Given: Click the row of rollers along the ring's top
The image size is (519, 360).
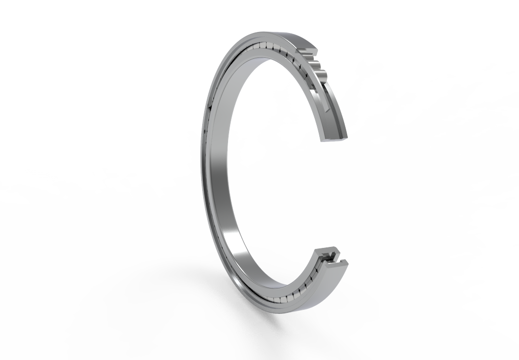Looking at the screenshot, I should click(x=264, y=49).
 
